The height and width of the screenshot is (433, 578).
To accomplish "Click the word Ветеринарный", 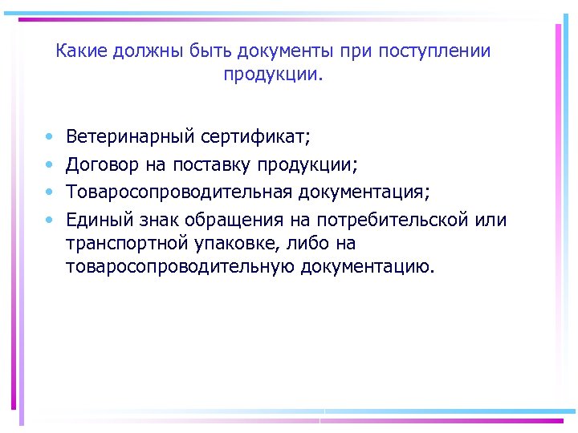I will [131, 137].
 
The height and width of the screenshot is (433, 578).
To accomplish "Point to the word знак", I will [157, 220].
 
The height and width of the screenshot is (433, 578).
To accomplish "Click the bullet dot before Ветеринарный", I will [50, 138].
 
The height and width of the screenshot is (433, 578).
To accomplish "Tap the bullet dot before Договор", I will [50, 165].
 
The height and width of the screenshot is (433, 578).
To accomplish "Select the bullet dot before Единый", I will [50, 221].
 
